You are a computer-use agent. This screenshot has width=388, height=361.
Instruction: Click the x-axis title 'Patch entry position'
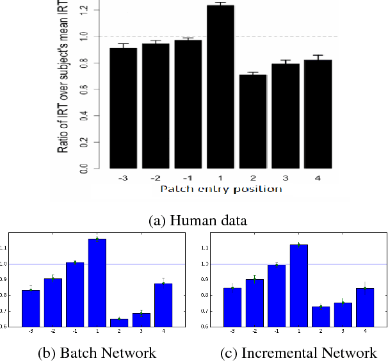tap(220, 189)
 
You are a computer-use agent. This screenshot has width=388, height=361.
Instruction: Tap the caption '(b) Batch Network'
tap(98, 353)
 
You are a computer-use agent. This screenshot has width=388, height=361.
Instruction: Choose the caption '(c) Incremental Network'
tap(291, 353)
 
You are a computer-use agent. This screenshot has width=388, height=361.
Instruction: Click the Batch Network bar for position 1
tap(97, 282)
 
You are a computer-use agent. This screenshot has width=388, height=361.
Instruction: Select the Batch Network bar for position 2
tap(119, 322)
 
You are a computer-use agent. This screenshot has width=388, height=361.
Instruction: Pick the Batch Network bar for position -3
tap(31, 308)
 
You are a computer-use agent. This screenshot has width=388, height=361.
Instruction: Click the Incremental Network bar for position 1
tap(298, 285)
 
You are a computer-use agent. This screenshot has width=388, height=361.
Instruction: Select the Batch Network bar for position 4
tap(163, 305)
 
